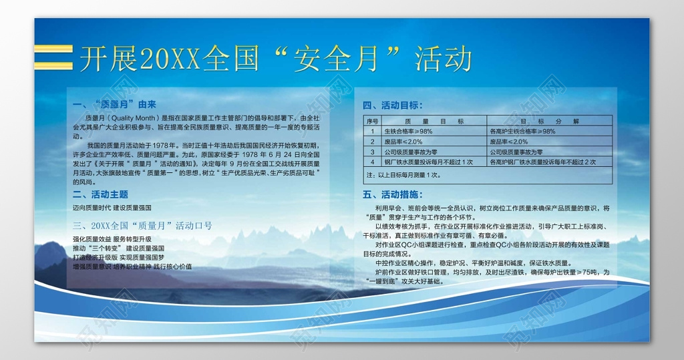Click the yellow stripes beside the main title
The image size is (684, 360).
53,57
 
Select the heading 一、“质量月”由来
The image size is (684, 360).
114,105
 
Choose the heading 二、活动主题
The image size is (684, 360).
100,194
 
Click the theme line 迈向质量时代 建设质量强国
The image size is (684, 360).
112,208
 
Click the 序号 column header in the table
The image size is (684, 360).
372,122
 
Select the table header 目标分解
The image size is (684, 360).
550,122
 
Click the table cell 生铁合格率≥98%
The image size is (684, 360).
408,132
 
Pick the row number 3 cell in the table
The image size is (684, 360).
372,152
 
